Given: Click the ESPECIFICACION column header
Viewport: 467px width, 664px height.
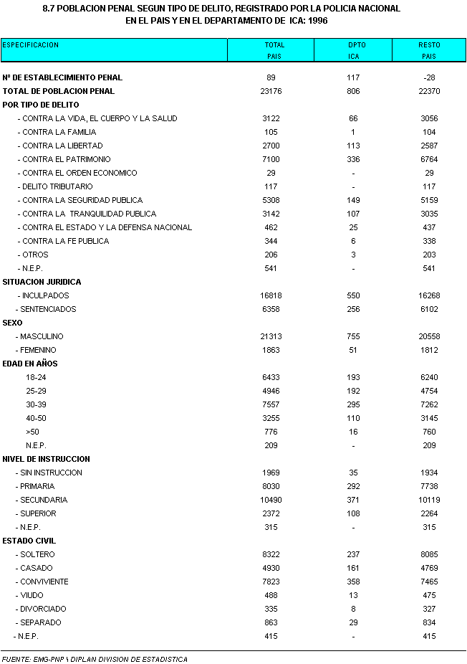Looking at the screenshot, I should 31,45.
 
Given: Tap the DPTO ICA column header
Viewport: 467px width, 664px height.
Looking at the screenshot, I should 353,50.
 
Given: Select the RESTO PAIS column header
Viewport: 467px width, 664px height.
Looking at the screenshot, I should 429,50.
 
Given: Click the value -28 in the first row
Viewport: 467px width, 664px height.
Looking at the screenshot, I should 429,77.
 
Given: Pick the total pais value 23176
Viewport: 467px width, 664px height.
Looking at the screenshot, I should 274,91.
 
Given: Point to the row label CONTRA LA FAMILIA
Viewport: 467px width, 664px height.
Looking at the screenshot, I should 59,132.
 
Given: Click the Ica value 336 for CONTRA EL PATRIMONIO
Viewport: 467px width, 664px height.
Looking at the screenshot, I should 353,159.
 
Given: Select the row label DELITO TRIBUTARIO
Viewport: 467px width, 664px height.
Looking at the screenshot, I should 57,186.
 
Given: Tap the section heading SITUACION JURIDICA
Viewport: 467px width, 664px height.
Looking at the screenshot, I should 42,282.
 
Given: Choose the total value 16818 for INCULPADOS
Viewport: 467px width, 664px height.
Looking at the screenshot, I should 274,295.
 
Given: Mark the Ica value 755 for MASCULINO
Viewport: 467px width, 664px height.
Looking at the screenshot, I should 353,336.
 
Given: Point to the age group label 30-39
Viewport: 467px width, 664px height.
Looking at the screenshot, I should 36,404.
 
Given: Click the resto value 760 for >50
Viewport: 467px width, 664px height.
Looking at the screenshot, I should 429,432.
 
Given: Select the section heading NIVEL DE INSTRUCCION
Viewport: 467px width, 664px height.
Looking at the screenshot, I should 47,459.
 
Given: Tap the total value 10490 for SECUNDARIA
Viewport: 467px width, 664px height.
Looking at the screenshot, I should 274,500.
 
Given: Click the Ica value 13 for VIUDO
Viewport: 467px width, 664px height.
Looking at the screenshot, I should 353,595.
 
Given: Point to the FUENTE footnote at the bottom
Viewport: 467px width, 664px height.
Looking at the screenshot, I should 95,659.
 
